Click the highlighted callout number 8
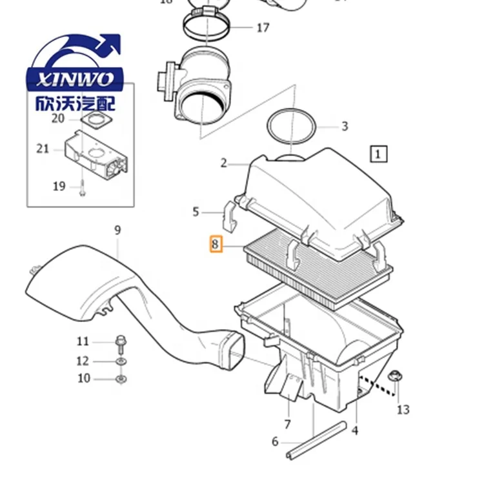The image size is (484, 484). coord(216,245)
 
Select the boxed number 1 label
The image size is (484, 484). coord(378,154)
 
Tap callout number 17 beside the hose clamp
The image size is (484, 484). coord(263,28)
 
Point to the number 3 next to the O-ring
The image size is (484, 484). coord(345,126)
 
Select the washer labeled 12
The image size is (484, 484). coord(120,361)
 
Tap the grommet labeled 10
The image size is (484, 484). coord(120,378)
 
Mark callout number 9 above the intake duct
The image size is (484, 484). coord(117,230)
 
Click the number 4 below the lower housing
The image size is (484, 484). coord(354,430)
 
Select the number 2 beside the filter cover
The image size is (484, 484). coord(223,163)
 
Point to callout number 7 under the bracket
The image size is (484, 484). coord(287,425)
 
